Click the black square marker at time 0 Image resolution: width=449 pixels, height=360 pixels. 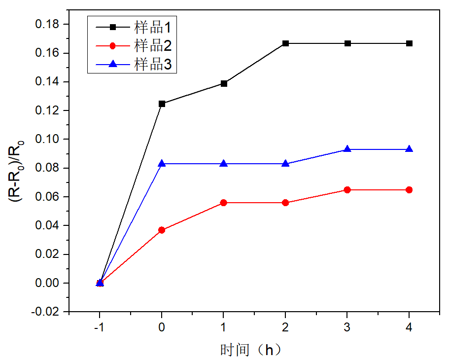click(x=162, y=104)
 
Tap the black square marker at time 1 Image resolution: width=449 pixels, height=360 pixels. click(x=224, y=83)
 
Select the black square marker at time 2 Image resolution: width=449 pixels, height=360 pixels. click(x=285, y=43)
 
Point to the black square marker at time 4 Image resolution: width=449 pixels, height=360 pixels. click(x=409, y=43)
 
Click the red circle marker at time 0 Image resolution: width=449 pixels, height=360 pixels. click(x=162, y=230)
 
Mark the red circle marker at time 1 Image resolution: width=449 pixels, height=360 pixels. click(x=224, y=203)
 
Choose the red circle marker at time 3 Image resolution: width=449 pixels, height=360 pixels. click(x=347, y=190)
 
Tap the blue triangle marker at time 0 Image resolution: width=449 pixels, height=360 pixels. click(x=162, y=163)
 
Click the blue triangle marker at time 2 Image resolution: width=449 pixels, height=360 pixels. click(x=285, y=163)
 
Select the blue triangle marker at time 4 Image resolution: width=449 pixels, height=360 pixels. click(x=409, y=149)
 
